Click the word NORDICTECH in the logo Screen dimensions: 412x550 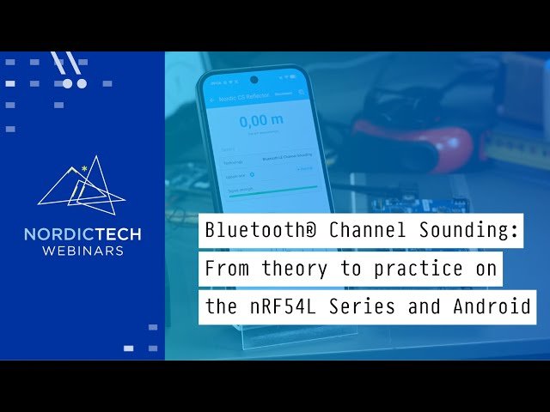point(82,234)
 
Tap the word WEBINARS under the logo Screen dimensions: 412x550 point(82,251)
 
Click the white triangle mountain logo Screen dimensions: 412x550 point(82,185)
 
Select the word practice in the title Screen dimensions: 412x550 point(412,269)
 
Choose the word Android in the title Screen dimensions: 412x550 point(497,306)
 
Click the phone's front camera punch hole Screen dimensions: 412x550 point(253,79)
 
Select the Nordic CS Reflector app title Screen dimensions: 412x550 point(245,98)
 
